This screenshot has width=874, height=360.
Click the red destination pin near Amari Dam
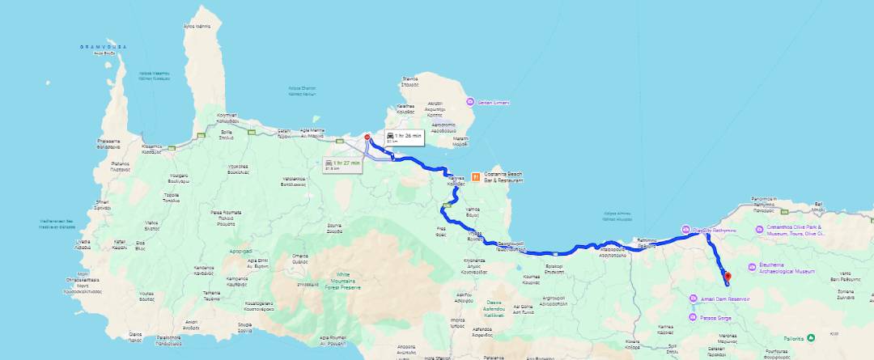click(x=727, y=277)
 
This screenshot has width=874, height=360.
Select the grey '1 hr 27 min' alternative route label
click(x=342, y=164)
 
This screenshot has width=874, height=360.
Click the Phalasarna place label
click(x=108, y=143)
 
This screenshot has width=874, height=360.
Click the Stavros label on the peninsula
click(x=410, y=81)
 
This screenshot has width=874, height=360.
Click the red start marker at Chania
click(x=367, y=138)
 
